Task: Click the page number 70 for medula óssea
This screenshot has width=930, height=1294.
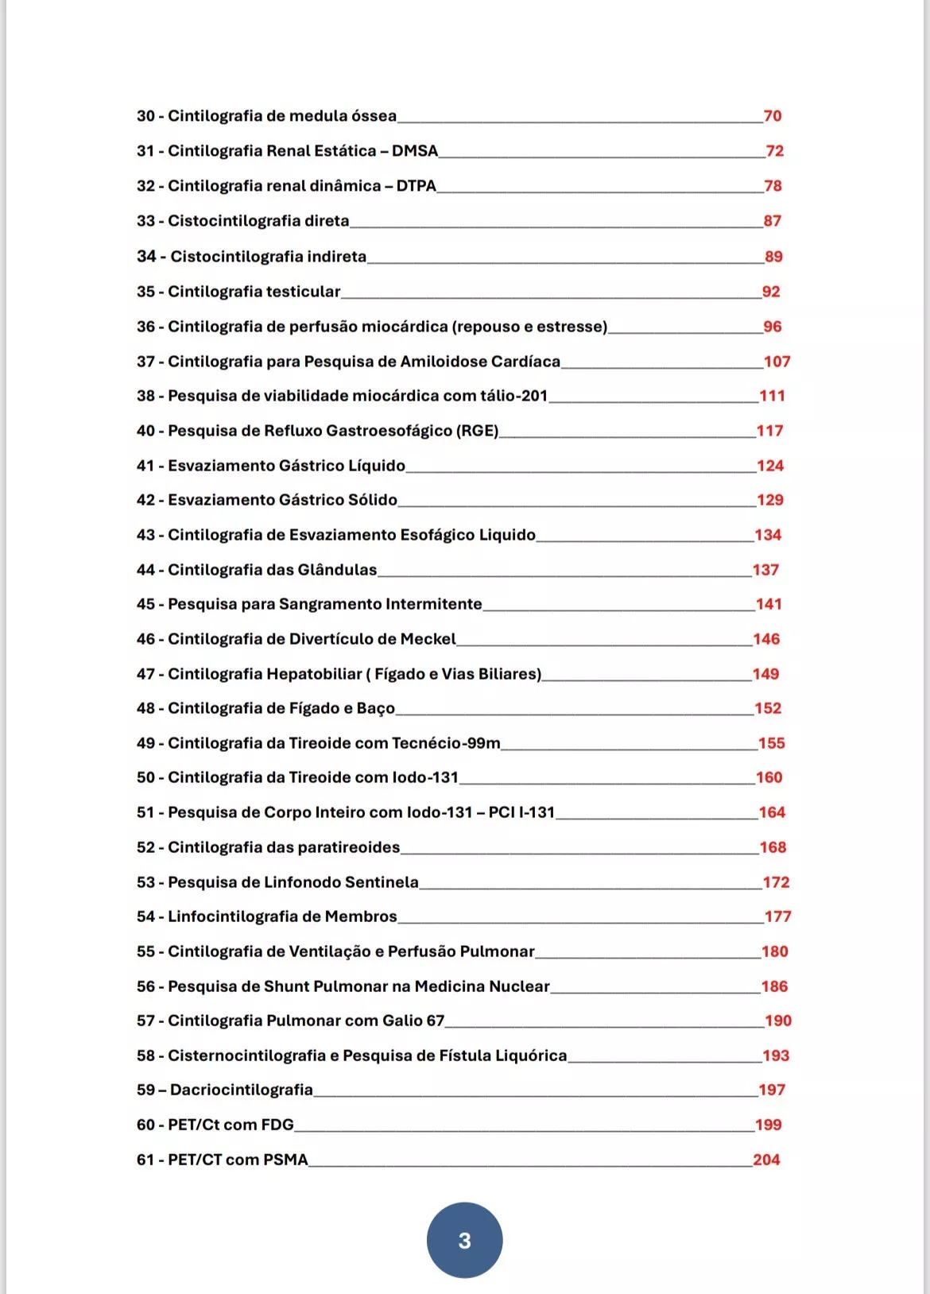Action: pos(773,116)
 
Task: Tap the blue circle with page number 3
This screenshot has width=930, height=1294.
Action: pos(464,1240)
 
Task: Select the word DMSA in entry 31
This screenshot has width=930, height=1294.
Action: pos(415,151)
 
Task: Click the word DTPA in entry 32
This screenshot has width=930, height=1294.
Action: pos(416,186)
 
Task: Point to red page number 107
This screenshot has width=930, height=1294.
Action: pos(777,362)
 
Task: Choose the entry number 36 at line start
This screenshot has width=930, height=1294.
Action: pos(145,327)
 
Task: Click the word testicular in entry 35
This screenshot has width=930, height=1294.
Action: pos(303,292)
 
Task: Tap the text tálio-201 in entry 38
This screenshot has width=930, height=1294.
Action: pos(513,396)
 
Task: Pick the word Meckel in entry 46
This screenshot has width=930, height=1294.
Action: pos(428,639)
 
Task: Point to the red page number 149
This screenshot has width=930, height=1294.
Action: pos(765,674)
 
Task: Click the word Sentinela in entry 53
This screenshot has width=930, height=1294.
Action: pos(379,882)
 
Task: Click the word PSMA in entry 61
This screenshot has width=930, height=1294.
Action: pos(285,1160)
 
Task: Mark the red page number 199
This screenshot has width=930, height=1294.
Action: pos(768,1125)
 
